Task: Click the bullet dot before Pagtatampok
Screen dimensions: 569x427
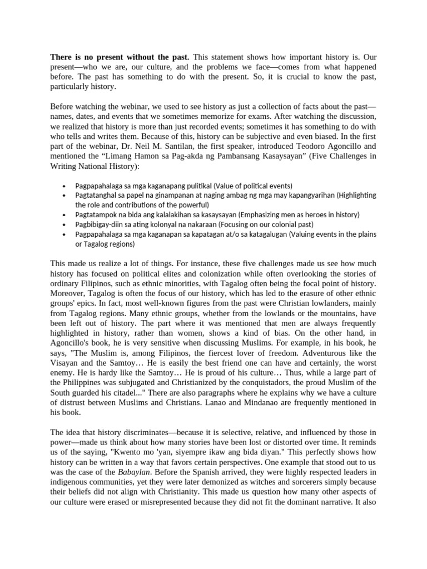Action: (65, 215)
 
